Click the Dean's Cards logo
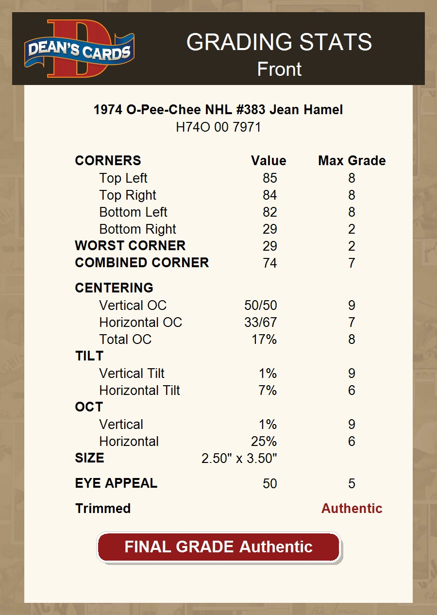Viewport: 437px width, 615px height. pos(79,49)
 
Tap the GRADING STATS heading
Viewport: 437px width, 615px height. pos(279,42)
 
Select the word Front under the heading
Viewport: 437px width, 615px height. pos(279,69)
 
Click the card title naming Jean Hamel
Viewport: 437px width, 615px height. pos(218,110)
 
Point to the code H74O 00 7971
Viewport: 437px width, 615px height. pos(218,127)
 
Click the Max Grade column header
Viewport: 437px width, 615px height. pos(352,161)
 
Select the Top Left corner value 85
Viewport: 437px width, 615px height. pos(269,178)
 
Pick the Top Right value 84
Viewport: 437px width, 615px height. pos(269,195)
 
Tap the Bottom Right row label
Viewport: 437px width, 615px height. pos(137,229)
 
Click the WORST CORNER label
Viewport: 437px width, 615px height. pos(130,246)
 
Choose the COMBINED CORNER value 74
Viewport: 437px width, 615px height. pos(269,263)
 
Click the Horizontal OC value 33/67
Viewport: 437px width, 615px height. pos(260,323)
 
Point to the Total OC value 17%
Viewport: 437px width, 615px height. pos(264,340)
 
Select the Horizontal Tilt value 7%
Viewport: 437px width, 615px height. pos(268,391)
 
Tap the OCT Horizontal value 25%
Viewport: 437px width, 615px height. pos(264,442)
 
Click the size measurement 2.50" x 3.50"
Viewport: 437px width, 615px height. pos(239,459)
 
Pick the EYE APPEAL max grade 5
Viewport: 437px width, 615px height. pos(352,484)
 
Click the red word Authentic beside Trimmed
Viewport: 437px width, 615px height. pos(352,509)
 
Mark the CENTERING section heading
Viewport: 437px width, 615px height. pos(114,288)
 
